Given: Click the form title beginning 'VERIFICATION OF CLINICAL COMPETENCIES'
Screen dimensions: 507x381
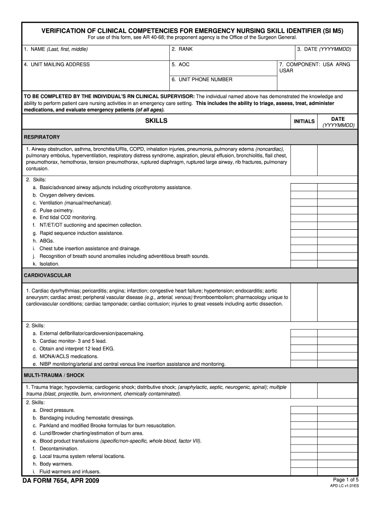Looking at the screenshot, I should pyautogui.click(x=191, y=31).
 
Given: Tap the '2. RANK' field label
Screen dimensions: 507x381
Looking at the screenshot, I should pyautogui.click(x=182, y=50).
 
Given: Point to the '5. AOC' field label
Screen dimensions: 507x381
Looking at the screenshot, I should pyautogui.click(x=181, y=64).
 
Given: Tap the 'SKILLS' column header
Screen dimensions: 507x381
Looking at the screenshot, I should pyautogui.click(x=156, y=121).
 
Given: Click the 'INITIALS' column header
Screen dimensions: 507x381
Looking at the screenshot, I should pyautogui.click(x=304, y=121).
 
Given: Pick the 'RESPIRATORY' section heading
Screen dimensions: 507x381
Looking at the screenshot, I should pyautogui.click(x=42, y=137).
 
